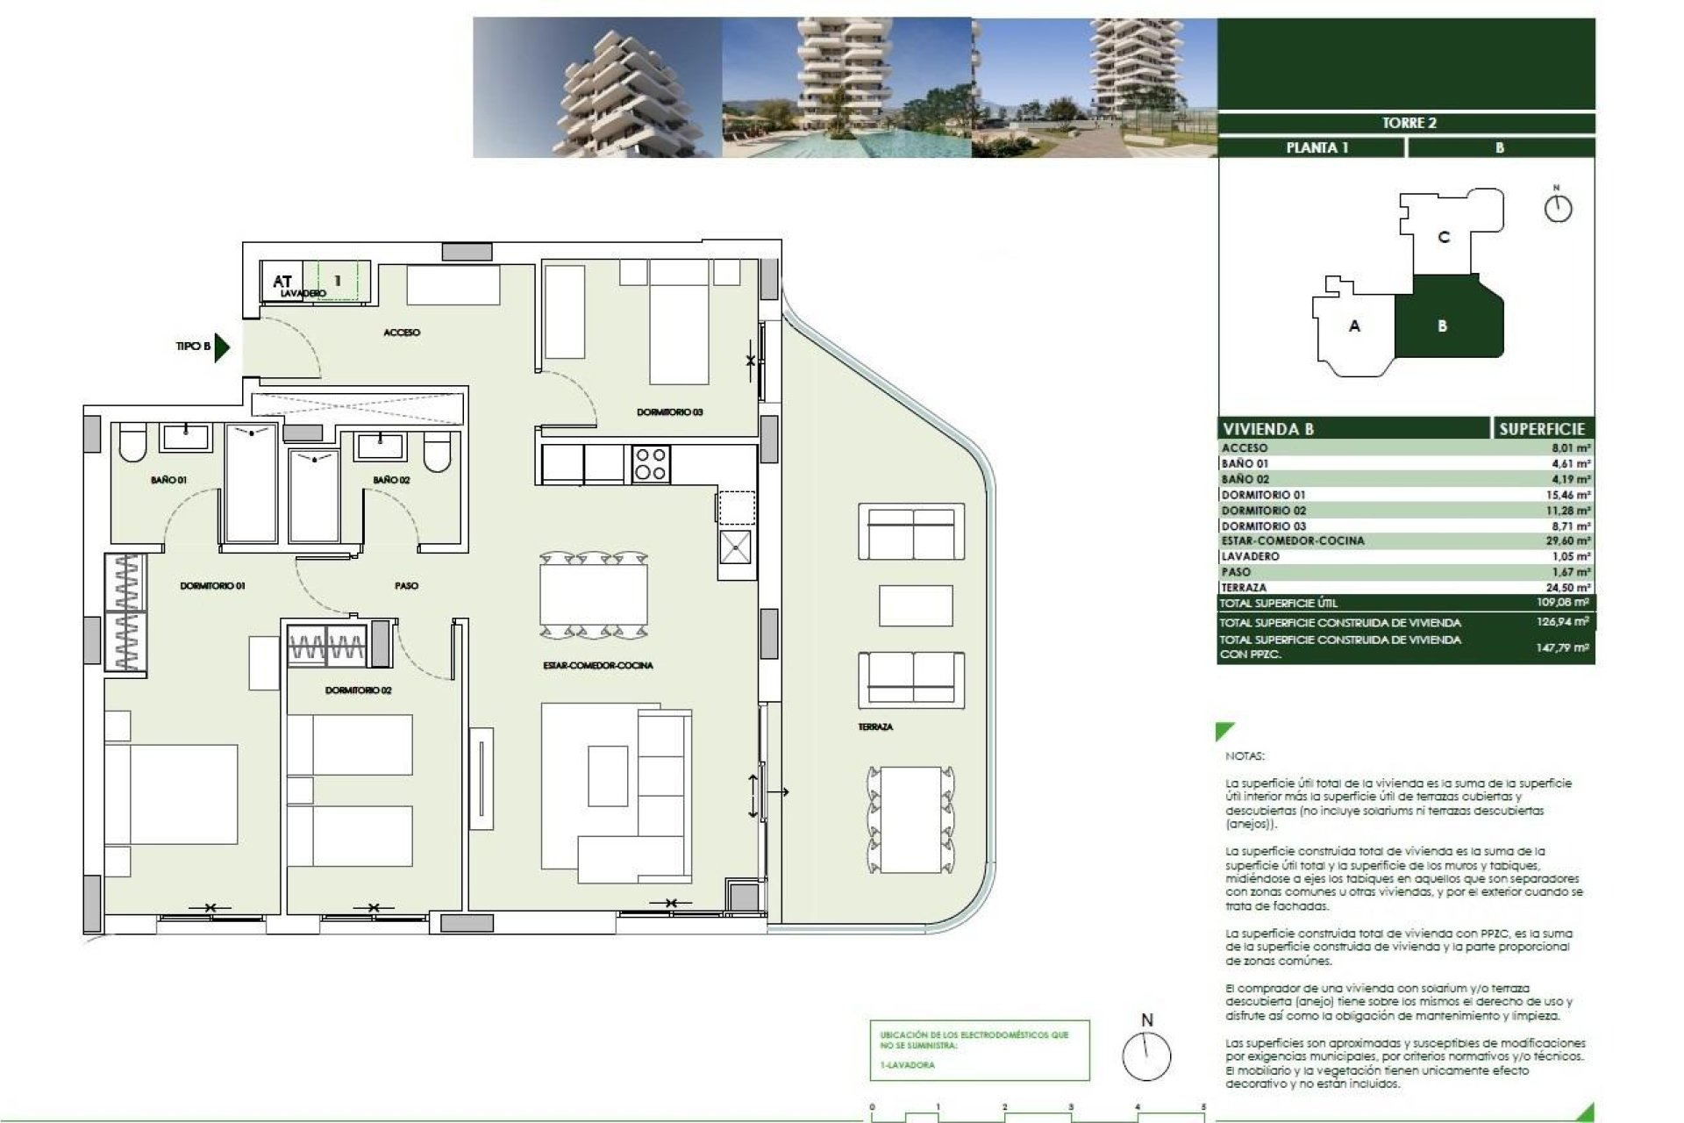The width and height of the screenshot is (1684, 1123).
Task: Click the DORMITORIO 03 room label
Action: [x=669, y=412]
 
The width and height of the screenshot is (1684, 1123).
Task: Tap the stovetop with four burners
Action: [x=651, y=464]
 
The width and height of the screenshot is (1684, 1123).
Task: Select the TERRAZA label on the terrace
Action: [x=875, y=727]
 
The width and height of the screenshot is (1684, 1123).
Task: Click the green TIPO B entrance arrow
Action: [x=222, y=347]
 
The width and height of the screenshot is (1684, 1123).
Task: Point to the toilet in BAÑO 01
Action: [x=133, y=445]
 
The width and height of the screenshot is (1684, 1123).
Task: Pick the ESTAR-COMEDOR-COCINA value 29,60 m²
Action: [x=1568, y=541]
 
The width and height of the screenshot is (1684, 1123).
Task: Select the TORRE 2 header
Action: [x=1409, y=123]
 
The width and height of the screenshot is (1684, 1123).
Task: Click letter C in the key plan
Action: [x=1444, y=237]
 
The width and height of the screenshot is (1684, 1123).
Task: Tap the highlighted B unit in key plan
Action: [x=1443, y=326]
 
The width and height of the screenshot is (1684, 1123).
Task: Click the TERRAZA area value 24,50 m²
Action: [x=1568, y=588]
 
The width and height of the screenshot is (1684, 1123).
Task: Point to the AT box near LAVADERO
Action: [x=282, y=282]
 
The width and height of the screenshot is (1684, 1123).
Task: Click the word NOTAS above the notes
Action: [x=1245, y=756]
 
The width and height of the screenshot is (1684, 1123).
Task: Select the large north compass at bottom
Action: [x=1146, y=1055]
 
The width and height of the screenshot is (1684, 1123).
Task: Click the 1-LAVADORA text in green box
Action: [x=908, y=1065]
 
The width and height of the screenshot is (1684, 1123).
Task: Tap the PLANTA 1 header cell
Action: [x=1317, y=147]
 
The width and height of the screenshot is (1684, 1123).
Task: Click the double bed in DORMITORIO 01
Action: [x=171, y=794]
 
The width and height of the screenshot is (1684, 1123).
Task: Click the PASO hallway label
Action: [x=406, y=585]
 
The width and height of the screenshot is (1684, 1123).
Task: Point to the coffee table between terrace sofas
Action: [x=915, y=605]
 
